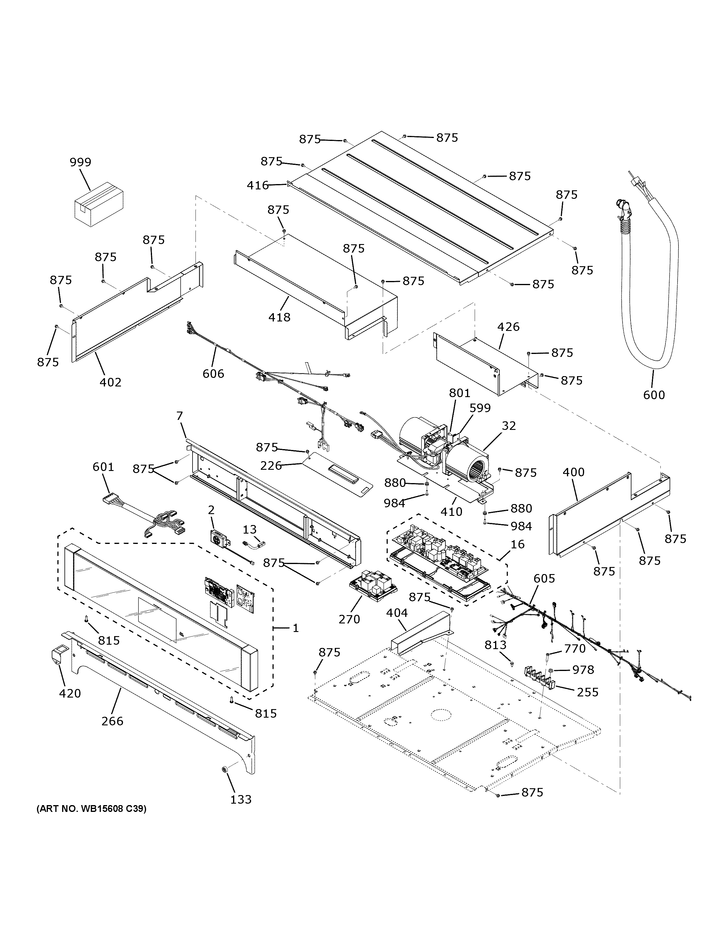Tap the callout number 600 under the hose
pos(654,395)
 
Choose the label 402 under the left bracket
pos(110,382)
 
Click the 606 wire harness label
pos(213,374)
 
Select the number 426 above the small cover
pos(508,327)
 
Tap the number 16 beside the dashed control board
pos(518,544)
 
